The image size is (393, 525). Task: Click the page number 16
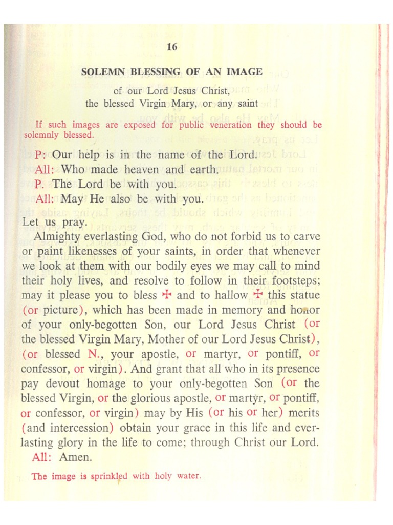[172, 47]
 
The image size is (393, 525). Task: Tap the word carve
[306, 237]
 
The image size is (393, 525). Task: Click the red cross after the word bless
[166, 295]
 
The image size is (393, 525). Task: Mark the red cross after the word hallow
[258, 295]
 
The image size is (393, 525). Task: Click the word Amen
[76, 457]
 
